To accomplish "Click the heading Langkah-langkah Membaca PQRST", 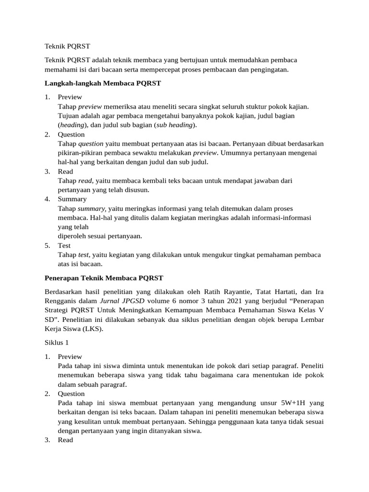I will tap(102, 84).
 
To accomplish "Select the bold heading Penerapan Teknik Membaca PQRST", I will tap(104, 278).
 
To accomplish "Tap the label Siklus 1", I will tap(57, 343).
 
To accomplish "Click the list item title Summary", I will tap(72, 199).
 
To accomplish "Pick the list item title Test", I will tap(64, 246).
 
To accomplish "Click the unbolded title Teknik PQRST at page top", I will tap(67, 46).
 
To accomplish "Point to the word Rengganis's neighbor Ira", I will tap(319, 292).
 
